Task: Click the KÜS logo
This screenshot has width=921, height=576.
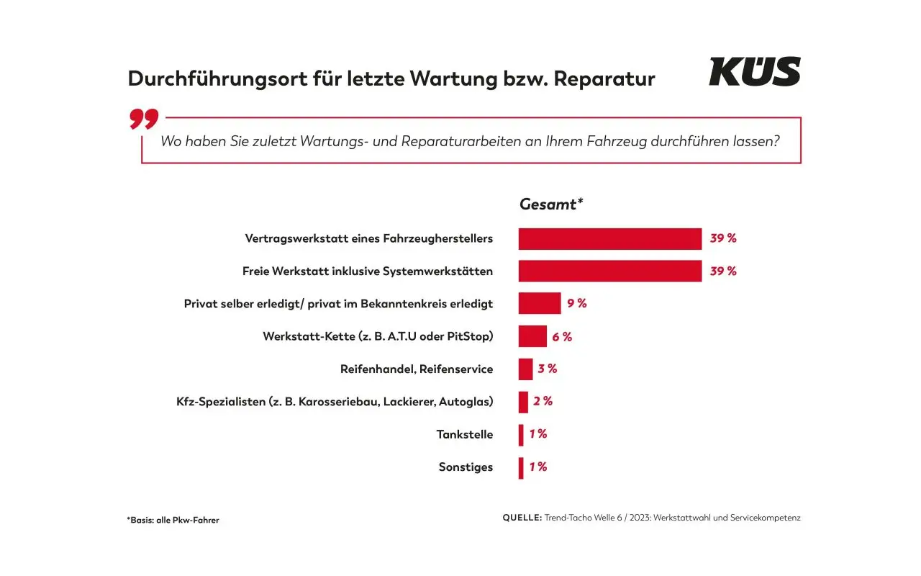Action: pos(754,72)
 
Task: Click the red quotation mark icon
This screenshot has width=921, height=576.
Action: pos(144,119)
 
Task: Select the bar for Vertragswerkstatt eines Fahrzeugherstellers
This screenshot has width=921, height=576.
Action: pos(609,239)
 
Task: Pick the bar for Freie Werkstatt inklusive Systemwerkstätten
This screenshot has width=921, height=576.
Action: pos(609,271)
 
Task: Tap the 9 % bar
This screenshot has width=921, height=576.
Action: pos(540,304)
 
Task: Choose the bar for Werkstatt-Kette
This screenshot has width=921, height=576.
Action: pos(532,336)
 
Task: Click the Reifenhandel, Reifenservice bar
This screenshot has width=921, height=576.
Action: pos(525,369)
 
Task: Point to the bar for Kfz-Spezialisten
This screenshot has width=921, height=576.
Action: pos(523,402)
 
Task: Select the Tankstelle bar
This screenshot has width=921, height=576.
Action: pos(521,435)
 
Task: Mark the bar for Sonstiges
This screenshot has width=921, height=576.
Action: pos(521,467)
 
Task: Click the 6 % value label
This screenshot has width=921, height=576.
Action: pos(562,336)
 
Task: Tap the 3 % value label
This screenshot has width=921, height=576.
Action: pos(548,369)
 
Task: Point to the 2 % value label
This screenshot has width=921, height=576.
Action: pos(543,402)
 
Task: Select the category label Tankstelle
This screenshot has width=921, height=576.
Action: pos(465,435)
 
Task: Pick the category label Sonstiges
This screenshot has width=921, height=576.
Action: pos(466,467)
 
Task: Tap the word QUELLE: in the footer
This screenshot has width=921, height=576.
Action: pos(522,518)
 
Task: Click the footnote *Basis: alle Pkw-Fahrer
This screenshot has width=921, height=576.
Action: pos(173,520)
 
